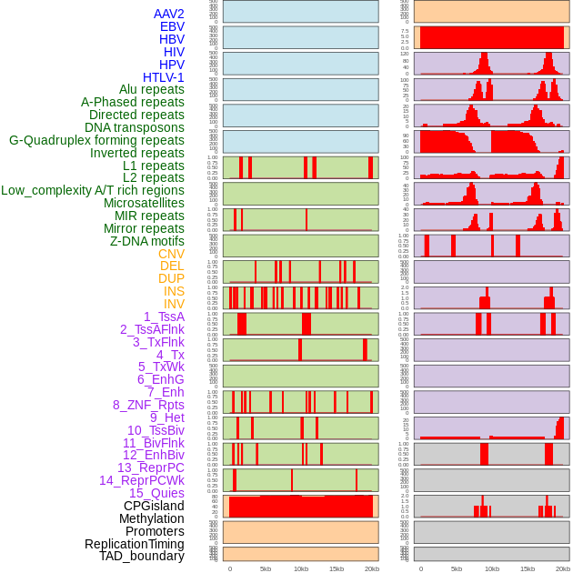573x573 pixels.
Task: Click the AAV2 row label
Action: point(168,14)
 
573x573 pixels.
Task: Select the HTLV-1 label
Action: point(163,77)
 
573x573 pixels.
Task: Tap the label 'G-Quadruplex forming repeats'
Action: point(96,141)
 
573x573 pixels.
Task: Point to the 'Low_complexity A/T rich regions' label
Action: point(93,190)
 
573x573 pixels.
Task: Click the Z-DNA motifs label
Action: point(146,241)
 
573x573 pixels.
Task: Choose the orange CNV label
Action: point(171,254)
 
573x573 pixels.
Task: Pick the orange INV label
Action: point(174,304)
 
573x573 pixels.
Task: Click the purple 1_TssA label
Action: point(164,317)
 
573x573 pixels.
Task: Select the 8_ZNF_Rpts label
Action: point(148,405)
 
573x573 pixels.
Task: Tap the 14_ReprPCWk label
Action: point(141,480)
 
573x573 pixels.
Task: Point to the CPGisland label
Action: point(154,506)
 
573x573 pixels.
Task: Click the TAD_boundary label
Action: point(141,556)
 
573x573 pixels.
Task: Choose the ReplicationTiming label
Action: point(134,544)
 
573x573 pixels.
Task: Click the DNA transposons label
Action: point(135,127)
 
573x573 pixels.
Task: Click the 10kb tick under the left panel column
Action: point(300,568)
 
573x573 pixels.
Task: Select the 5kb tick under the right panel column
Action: point(457,568)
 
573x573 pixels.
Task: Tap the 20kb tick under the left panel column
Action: point(371,568)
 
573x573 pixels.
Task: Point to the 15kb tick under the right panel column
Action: point(528,568)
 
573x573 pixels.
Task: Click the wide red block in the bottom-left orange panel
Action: point(300,507)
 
